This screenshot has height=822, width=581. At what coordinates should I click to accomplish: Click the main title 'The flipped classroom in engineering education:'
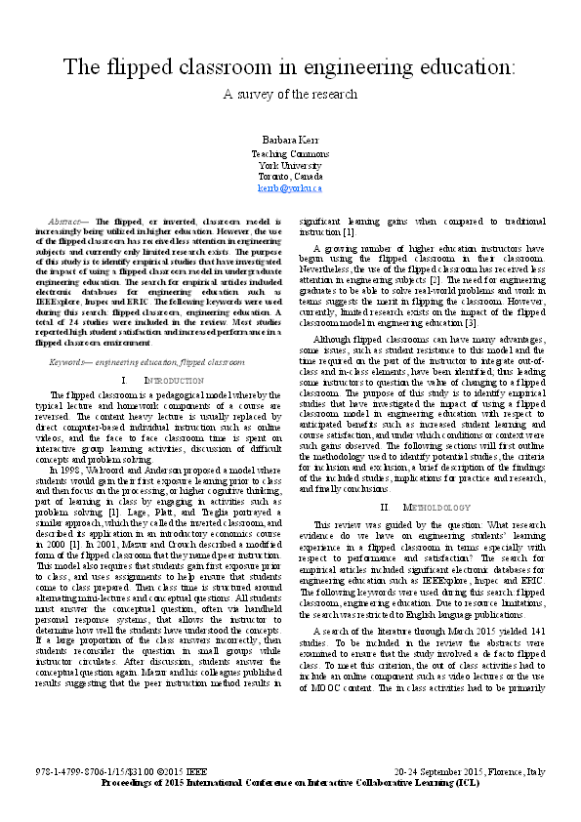[x=289, y=67]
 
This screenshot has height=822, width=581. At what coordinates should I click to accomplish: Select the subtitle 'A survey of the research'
[x=289, y=95]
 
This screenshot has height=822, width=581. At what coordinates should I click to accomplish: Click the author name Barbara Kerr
[x=289, y=141]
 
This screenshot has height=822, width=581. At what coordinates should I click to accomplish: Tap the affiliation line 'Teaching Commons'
[x=289, y=154]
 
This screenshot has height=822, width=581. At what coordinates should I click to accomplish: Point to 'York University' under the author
[x=289, y=165]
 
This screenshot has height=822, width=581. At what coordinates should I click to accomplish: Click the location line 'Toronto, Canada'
[x=289, y=177]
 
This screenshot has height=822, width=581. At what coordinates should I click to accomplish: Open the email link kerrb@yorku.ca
[x=289, y=187]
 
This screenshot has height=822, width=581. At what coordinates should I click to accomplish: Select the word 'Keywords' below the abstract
[x=68, y=361]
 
